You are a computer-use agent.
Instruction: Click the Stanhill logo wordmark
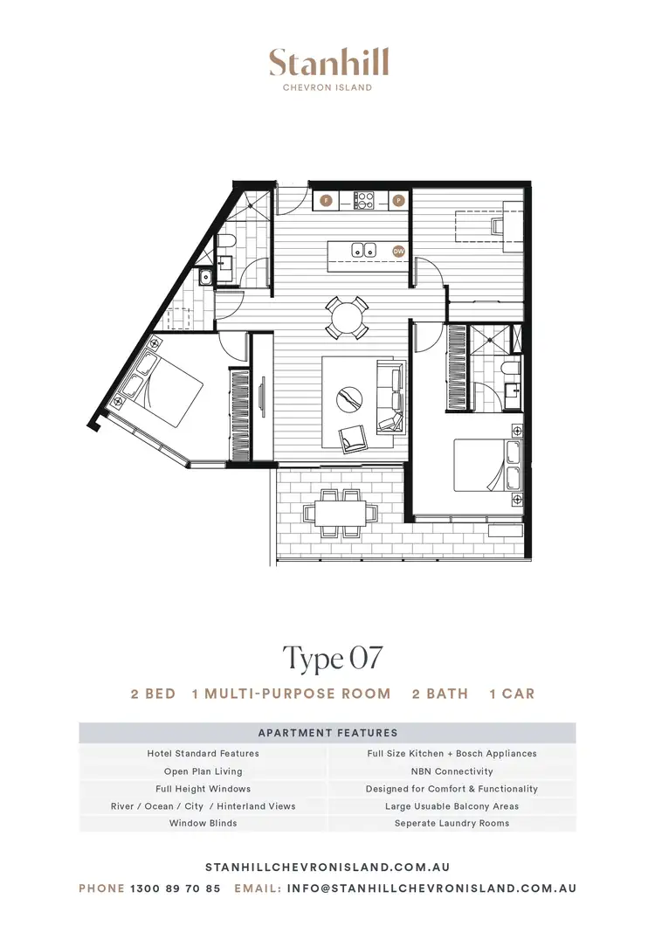pyautogui.click(x=328, y=64)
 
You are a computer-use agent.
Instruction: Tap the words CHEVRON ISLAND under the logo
pyautogui.click(x=328, y=87)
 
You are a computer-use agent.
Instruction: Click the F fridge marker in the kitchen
pyautogui.click(x=326, y=200)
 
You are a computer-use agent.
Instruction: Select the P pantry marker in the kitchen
pyautogui.click(x=399, y=200)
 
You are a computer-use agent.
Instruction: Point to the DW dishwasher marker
pyautogui.click(x=398, y=251)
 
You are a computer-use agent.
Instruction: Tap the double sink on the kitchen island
pyautogui.click(x=364, y=250)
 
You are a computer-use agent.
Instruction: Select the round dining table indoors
pyautogui.click(x=347, y=317)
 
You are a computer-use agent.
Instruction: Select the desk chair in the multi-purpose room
pyautogui.click(x=496, y=225)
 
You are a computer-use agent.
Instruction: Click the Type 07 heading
pyautogui.click(x=332, y=658)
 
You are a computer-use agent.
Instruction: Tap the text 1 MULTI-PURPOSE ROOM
pyautogui.click(x=291, y=694)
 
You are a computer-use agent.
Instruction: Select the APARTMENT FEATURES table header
pyautogui.click(x=327, y=733)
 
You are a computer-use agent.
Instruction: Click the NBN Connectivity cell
pyautogui.click(x=452, y=771)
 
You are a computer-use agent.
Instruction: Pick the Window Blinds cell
pyautogui.click(x=203, y=823)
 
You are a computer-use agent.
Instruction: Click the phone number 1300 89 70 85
pyautogui.click(x=175, y=888)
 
